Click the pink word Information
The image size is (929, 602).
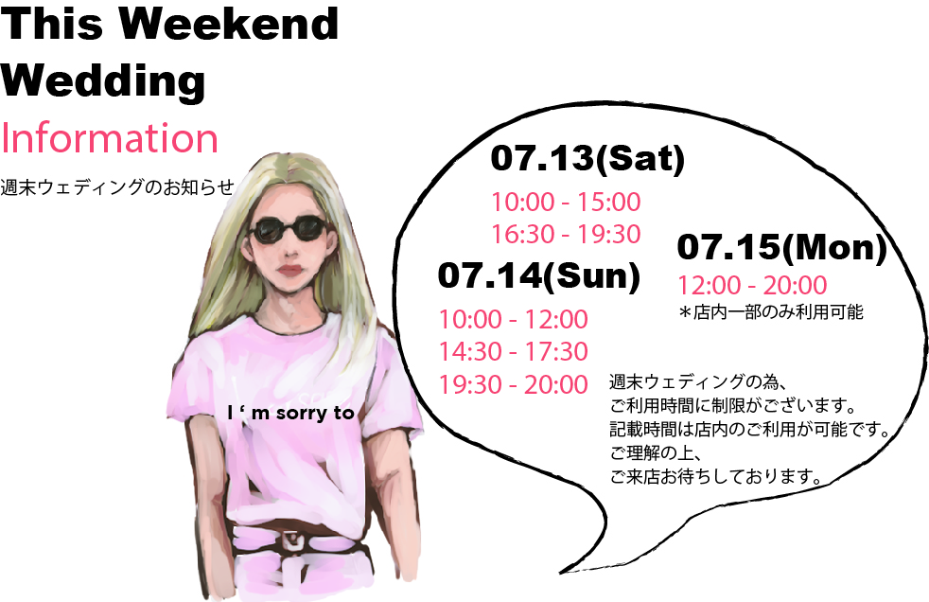110,137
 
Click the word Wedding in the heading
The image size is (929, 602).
103,81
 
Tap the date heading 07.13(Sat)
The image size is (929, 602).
587,158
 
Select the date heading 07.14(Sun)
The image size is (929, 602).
539,275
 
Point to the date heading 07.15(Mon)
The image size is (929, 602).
781,246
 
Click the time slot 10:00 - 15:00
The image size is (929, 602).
566,202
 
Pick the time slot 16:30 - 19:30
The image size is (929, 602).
566,234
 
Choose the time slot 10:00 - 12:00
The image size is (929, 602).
513,319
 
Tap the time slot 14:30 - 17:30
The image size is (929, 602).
513,351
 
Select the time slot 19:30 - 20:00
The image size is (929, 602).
513,384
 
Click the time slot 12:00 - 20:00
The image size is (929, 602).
752,286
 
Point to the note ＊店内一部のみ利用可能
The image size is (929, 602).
771,311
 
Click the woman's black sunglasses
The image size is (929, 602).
289,230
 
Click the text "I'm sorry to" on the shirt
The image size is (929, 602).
290,413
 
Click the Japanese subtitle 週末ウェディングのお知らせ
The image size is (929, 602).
117,187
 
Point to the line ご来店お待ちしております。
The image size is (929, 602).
716,476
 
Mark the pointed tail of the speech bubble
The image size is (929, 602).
560,573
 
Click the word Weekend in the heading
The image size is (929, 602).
229,24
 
